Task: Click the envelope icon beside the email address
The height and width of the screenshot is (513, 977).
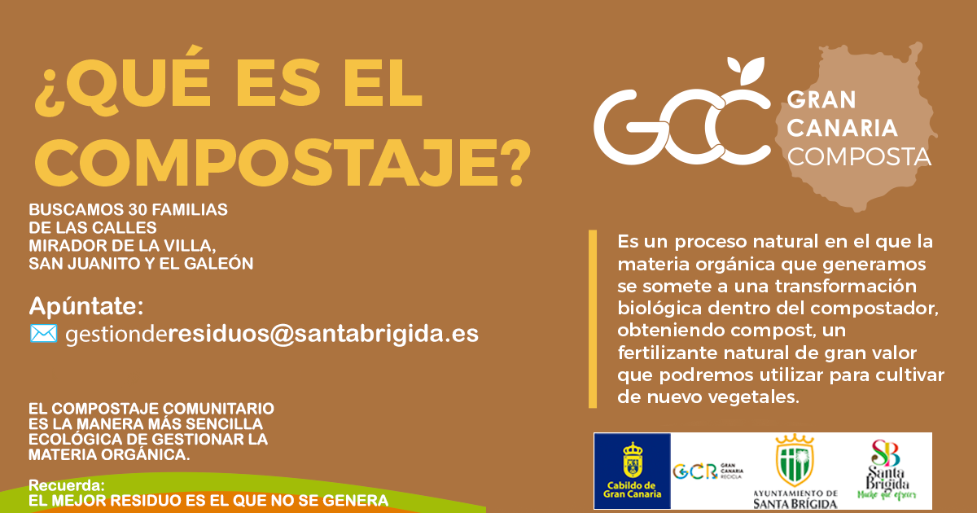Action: click(43, 333)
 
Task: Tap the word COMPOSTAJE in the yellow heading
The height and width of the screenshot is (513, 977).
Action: click(266, 163)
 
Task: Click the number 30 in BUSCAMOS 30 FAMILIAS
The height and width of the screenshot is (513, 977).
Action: click(137, 210)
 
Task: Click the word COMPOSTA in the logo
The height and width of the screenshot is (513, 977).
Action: click(859, 157)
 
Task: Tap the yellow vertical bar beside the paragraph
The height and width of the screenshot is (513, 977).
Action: click(593, 319)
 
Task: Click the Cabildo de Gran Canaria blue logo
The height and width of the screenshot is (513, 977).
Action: click(632, 471)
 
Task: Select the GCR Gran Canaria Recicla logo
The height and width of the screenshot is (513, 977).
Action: click(708, 471)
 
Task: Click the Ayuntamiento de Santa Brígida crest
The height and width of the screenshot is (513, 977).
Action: click(795, 460)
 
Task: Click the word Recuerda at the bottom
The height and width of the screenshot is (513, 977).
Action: click(65, 485)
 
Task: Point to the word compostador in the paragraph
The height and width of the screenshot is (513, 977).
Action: click(874, 309)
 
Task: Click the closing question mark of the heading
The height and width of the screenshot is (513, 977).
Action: click(515, 163)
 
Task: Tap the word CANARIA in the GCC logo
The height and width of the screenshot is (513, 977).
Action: click(842, 129)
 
